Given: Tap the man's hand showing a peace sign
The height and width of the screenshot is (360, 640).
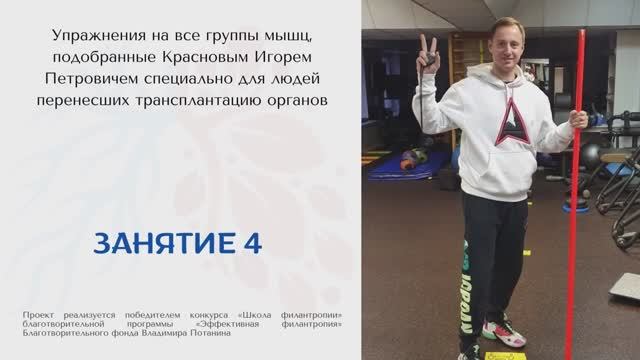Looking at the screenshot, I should click(x=428, y=51).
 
